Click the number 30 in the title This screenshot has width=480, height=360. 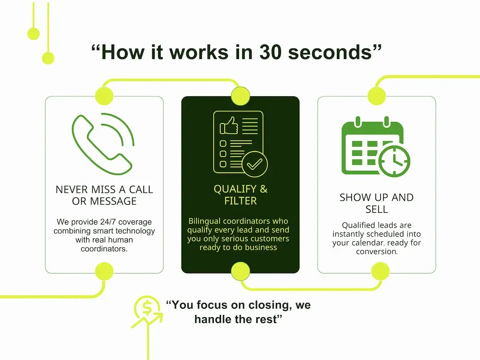coord(272,52)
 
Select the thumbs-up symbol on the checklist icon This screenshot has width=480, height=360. coord(229,125)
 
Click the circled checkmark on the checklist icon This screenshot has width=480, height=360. coord(254,164)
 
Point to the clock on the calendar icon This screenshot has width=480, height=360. coord(394,161)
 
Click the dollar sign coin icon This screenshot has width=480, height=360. coord(147,308)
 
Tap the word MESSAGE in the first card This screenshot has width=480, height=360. coord(104,201)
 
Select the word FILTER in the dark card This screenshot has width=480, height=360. coord(240,201)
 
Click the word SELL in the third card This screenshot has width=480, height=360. coord(377,209)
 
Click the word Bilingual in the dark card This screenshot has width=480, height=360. coord(207,221)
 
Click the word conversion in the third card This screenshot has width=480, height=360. coord(376,252)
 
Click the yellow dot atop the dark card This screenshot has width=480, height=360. coord(240,96)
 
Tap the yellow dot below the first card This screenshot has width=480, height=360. coord(104,272)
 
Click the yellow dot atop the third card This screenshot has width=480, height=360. coord(377,96)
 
